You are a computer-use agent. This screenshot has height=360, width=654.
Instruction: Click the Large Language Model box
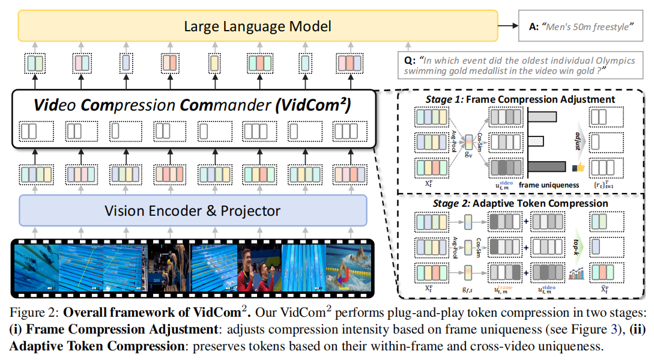258,26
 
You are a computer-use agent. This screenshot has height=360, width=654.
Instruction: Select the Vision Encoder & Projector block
192,210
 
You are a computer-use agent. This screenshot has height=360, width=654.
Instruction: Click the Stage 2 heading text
519,203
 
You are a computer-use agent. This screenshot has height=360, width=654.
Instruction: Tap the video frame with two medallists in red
260,267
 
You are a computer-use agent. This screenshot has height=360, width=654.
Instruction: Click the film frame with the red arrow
347,267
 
